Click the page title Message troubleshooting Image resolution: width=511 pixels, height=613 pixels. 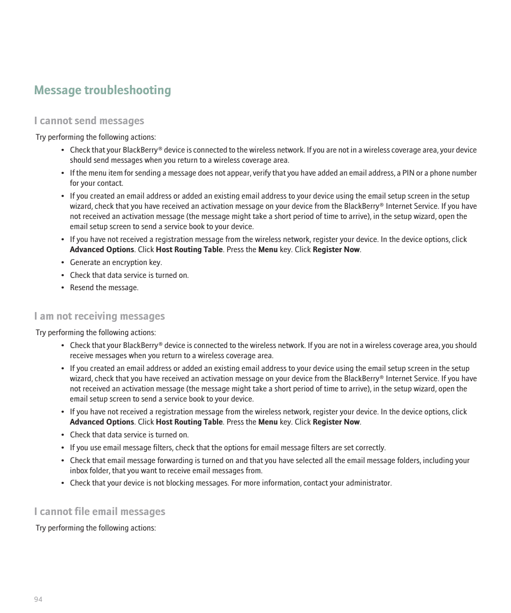pos(102,90)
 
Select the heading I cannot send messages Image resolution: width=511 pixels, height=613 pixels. pos(89,120)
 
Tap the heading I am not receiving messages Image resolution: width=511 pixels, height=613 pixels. pos(99,316)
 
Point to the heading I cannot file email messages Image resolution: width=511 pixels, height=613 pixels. pos(100,511)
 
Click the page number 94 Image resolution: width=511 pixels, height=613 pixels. pos(38,599)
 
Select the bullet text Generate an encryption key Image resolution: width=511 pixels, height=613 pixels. pos(116,262)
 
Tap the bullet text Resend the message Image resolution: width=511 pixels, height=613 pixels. pos(104,287)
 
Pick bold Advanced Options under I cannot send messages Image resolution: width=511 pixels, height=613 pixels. pos(102,249)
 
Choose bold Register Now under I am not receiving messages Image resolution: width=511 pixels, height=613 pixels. pos(336,422)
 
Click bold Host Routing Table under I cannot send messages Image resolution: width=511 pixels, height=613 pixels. pos(189,249)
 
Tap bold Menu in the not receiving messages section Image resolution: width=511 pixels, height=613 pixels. pos(268,422)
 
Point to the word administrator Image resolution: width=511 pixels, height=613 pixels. pos(370,483)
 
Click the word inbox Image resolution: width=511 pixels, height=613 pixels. pos(79,471)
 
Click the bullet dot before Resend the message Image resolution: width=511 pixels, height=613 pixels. pos(63,288)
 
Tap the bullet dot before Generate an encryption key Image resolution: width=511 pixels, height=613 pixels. pos(63,263)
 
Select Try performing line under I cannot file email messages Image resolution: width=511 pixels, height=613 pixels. pos(96,528)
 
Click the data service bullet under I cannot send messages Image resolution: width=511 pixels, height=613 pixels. pos(129,275)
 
